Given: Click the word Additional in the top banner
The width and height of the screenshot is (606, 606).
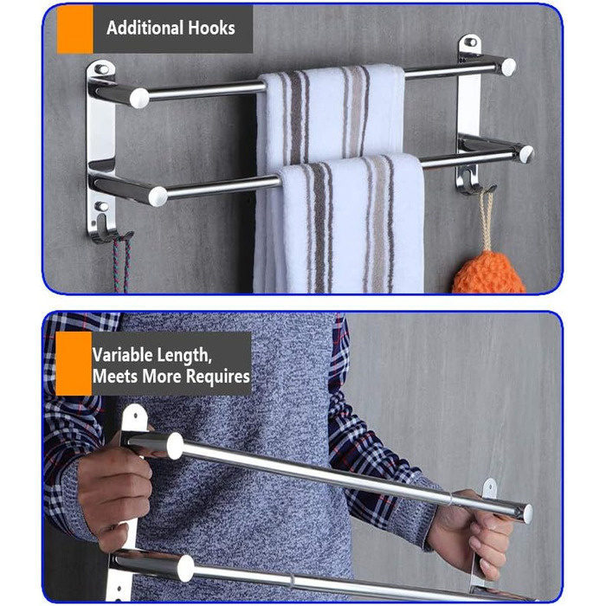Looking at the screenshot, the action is pyautogui.click(x=145, y=29).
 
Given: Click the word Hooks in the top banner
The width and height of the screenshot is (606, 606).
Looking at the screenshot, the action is pyautogui.click(x=211, y=29).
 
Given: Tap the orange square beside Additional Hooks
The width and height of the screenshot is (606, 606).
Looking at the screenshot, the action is pyautogui.click(x=75, y=29).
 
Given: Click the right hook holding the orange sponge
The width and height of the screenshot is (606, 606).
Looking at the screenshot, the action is pyautogui.click(x=474, y=181).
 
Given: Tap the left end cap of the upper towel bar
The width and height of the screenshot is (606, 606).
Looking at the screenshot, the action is pyautogui.click(x=139, y=98).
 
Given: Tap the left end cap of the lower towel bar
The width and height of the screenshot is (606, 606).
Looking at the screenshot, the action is pyautogui.click(x=158, y=197).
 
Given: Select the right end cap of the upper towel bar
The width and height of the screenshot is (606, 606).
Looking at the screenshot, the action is pyautogui.click(x=508, y=67).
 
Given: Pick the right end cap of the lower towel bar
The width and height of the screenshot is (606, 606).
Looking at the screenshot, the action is pyautogui.click(x=526, y=154).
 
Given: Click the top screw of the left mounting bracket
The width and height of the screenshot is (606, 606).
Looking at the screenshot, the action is pyautogui.click(x=101, y=69).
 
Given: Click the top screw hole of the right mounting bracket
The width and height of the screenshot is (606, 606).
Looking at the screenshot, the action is pyautogui.click(x=470, y=42).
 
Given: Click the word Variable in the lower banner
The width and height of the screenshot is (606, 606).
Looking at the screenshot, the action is pyautogui.click(x=122, y=355).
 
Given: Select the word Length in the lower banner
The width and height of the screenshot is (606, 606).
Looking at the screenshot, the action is pyautogui.click(x=184, y=356).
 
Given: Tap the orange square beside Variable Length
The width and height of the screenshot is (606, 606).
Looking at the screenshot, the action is pyautogui.click(x=74, y=364).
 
